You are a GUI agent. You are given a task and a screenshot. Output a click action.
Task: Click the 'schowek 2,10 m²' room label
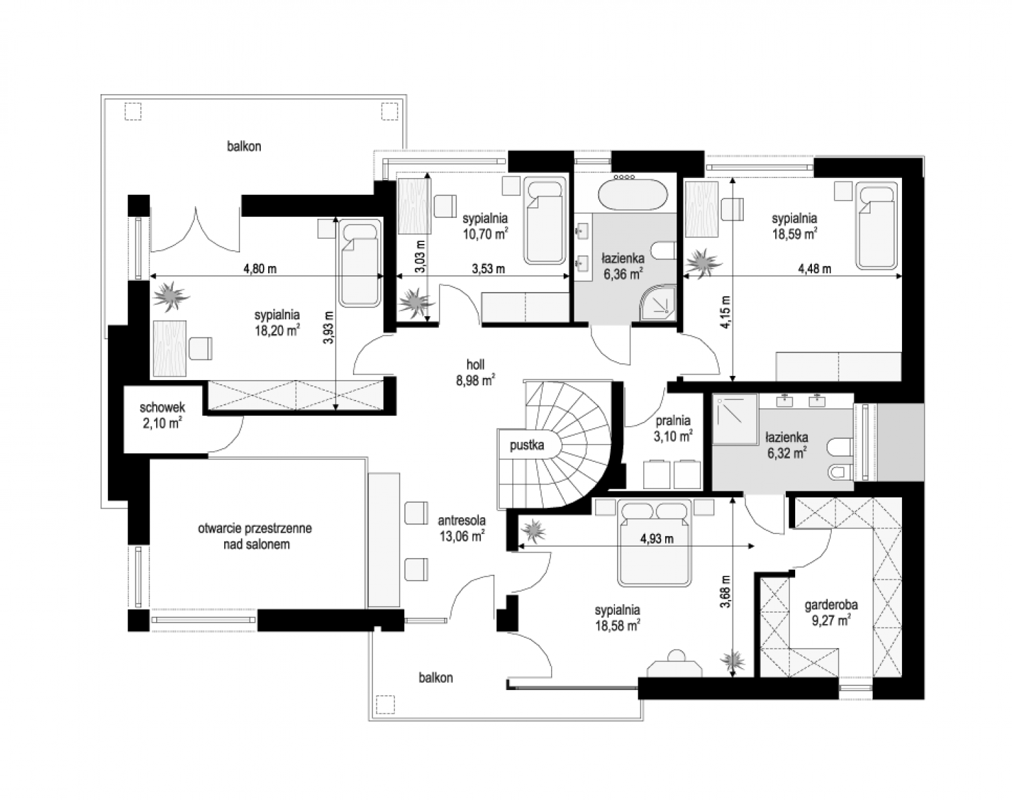[162, 415]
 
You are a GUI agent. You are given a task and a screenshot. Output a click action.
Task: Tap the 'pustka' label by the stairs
[527, 445]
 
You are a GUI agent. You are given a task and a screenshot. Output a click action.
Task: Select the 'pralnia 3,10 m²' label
[673, 428]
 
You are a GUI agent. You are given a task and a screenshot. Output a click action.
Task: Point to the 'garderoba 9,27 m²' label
[831, 613]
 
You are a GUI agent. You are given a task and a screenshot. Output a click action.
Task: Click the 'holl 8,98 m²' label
[476, 372]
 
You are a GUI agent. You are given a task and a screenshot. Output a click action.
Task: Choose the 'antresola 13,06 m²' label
[462, 528]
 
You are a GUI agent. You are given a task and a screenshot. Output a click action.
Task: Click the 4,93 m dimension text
[656, 539]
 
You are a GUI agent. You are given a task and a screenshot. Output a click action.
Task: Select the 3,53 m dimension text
[488, 269]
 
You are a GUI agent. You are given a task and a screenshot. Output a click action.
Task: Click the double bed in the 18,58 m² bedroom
[654, 543]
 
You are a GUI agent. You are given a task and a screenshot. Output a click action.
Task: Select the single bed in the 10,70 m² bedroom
[544, 221]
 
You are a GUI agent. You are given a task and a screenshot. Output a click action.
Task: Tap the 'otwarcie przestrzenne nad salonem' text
[254, 536]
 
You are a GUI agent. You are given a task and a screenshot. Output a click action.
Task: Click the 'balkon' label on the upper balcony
[243, 146]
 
